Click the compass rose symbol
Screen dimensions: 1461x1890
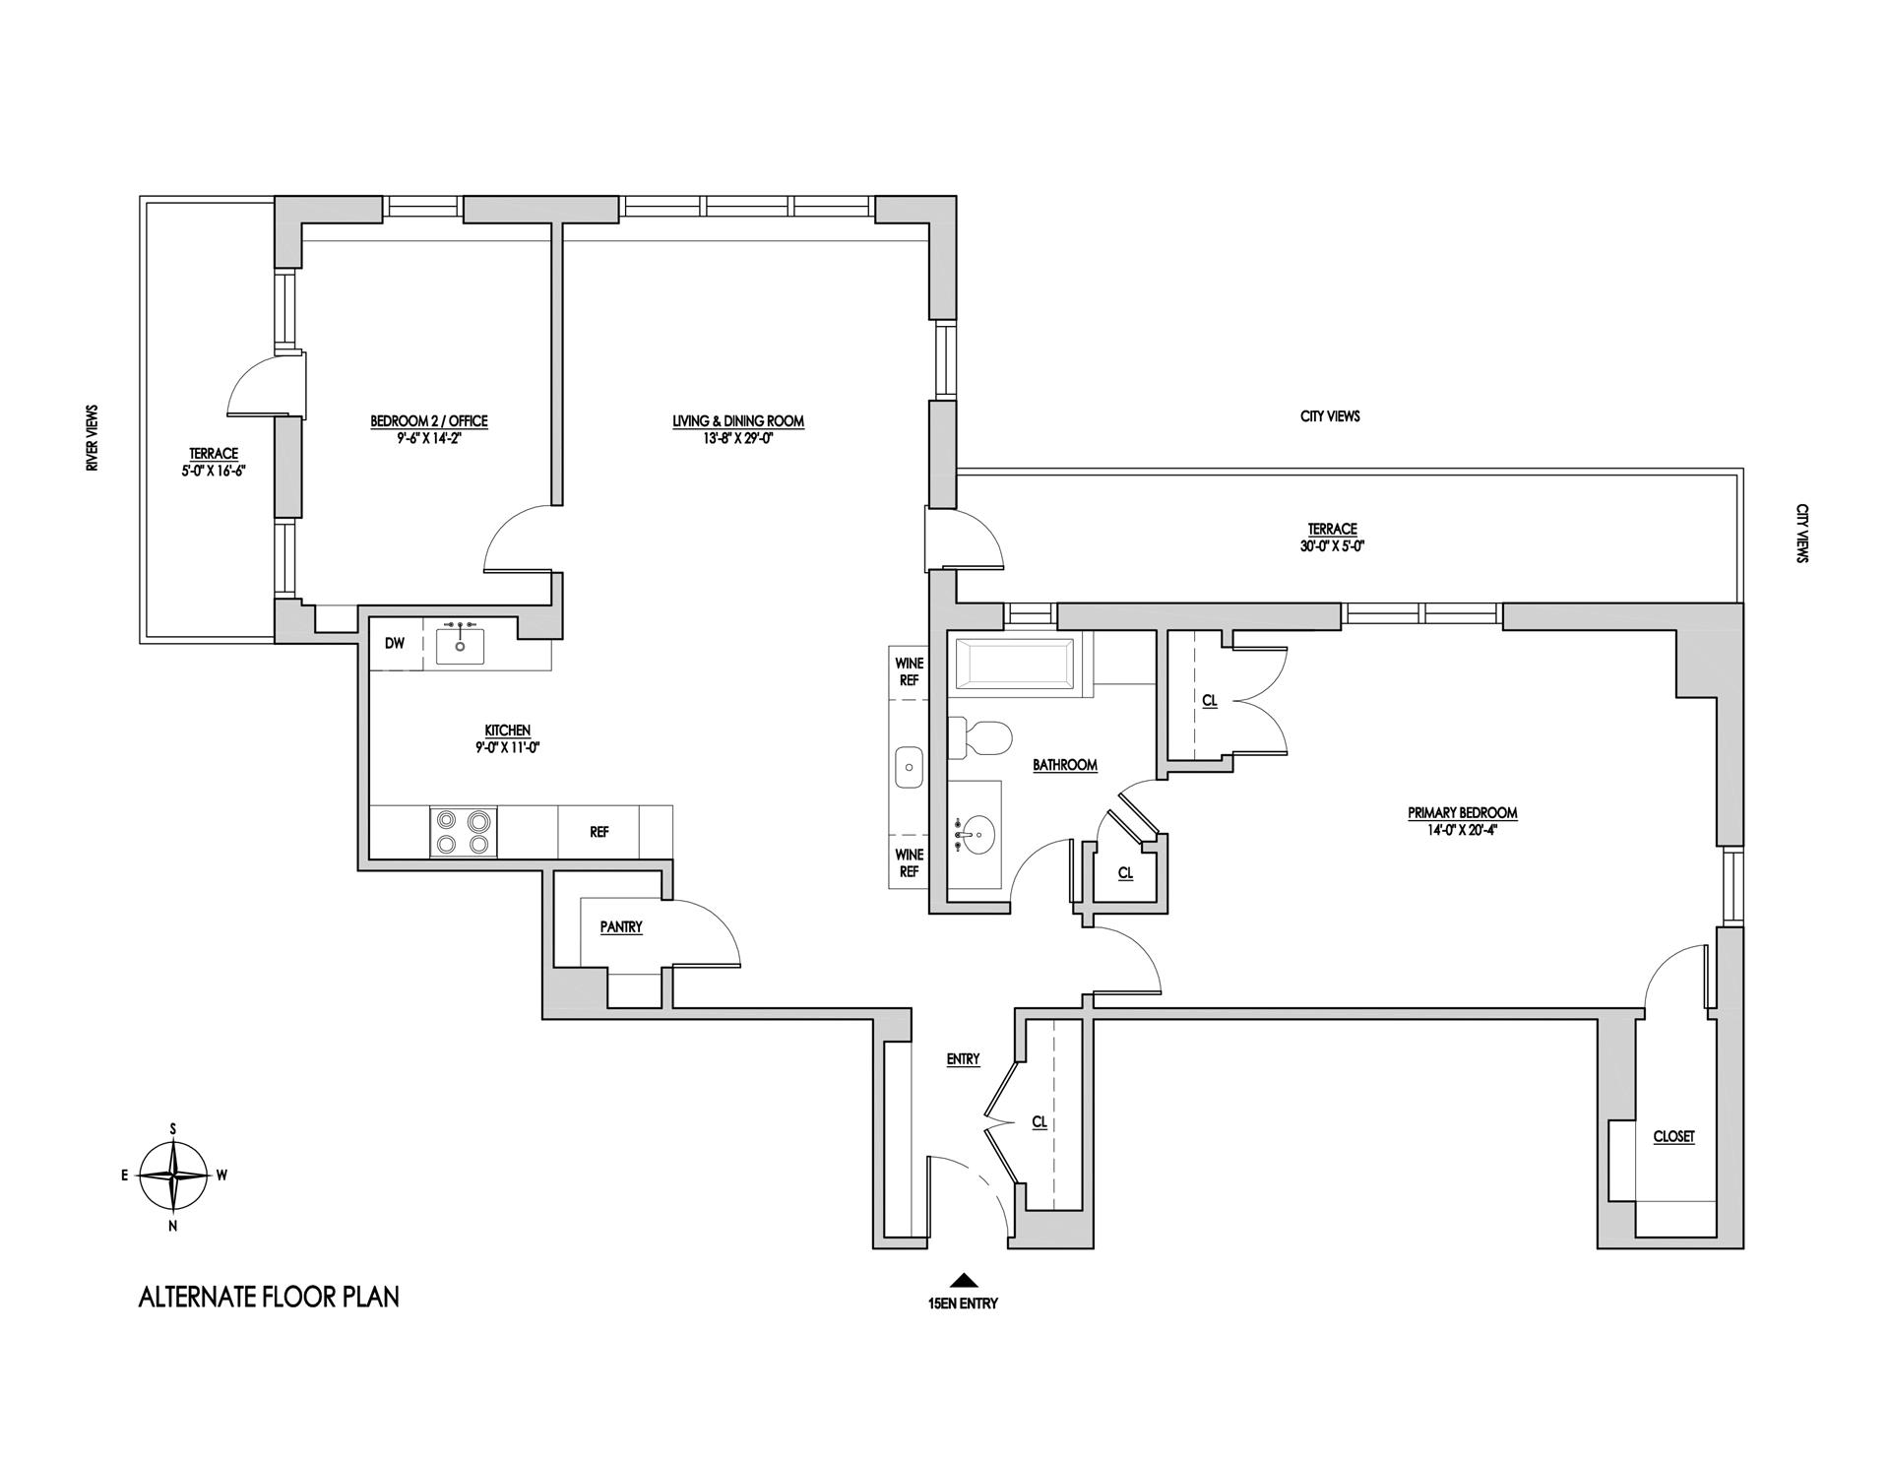point(173,1175)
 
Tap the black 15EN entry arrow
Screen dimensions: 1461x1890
point(963,1281)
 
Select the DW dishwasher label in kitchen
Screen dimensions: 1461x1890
point(395,644)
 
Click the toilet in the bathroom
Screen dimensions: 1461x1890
point(980,737)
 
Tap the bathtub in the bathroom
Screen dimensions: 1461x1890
point(1014,667)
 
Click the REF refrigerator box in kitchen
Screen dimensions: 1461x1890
point(598,832)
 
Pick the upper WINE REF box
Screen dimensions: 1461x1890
point(910,671)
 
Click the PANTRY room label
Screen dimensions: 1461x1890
point(621,927)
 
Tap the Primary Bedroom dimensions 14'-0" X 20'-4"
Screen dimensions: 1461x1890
point(1462,829)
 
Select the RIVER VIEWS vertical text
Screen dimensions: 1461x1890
point(93,439)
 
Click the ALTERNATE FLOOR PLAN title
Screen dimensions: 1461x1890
point(269,1298)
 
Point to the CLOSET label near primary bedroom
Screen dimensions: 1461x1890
point(1673,1136)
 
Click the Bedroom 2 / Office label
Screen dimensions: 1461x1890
point(428,421)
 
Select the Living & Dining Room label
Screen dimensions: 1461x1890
point(738,421)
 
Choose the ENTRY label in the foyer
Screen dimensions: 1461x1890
point(963,1059)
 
